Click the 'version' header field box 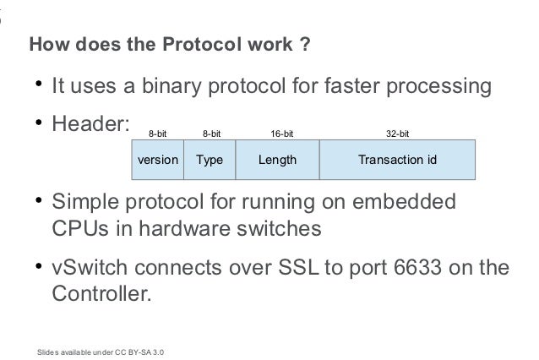(x=157, y=159)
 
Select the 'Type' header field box (x=210, y=159)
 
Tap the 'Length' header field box (x=277, y=159)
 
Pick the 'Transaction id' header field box (x=397, y=159)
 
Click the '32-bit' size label (x=398, y=134)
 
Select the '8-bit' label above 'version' (x=157, y=134)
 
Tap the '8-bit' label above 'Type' (x=212, y=134)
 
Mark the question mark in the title (x=303, y=44)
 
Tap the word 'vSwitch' (x=89, y=269)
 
